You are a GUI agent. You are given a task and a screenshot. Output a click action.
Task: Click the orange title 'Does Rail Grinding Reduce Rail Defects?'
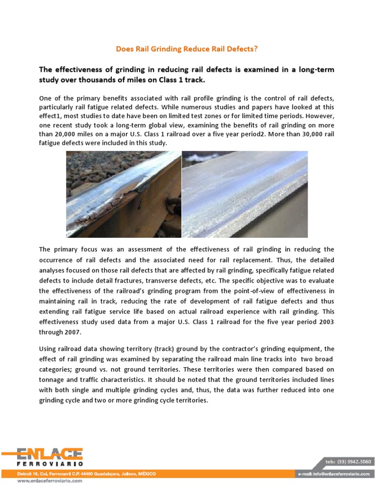tap(187, 49)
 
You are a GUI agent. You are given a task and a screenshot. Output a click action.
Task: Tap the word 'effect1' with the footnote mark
tap(52, 117)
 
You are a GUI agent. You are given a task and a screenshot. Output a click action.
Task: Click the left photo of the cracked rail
tap(123, 194)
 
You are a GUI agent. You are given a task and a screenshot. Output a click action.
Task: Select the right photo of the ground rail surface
tap(245, 194)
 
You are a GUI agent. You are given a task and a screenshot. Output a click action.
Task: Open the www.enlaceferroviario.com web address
tap(50, 480)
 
